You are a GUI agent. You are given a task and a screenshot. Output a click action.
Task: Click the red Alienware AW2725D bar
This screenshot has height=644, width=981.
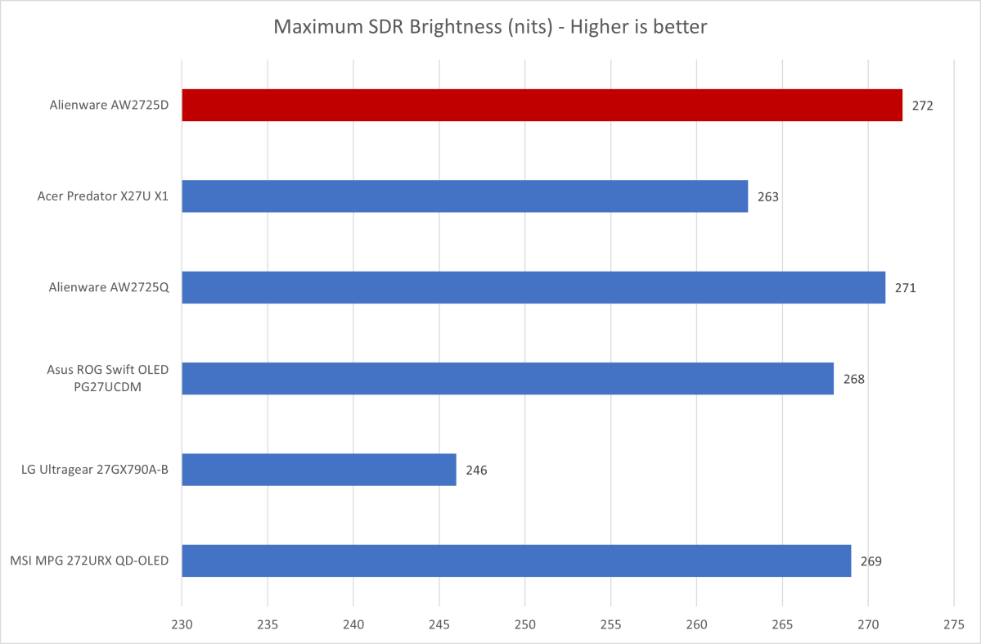(x=542, y=106)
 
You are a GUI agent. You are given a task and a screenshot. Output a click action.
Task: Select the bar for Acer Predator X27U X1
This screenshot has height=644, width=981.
(x=465, y=196)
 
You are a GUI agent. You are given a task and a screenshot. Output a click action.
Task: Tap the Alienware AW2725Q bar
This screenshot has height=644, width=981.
(x=533, y=287)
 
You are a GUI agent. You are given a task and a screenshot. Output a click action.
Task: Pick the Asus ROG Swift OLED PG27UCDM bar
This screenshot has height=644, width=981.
(x=507, y=378)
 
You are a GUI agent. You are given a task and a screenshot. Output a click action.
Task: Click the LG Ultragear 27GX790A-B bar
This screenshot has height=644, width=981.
(x=319, y=470)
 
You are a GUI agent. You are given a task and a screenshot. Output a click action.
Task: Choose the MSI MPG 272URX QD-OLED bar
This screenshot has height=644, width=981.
(x=516, y=561)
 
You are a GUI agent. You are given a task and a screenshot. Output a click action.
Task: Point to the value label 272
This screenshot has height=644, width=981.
(x=922, y=106)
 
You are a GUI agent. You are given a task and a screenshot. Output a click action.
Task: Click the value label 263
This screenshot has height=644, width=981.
(x=767, y=197)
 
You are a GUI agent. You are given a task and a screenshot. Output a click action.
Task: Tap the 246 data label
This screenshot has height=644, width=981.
(x=476, y=471)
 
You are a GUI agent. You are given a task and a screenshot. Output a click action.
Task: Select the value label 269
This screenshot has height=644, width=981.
(x=871, y=561)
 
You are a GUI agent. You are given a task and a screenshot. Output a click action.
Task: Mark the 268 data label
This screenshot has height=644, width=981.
(x=853, y=379)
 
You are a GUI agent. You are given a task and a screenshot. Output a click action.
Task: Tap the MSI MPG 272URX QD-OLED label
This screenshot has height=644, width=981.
(x=89, y=561)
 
